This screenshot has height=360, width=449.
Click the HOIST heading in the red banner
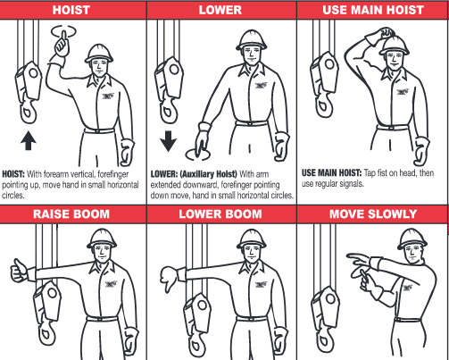click(x=76, y=10)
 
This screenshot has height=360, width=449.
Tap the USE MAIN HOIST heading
click(x=372, y=10)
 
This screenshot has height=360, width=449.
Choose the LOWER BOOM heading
click(x=220, y=214)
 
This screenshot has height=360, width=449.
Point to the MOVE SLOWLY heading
click(x=372, y=214)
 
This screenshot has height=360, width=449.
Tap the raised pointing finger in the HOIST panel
click(x=62, y=39)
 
